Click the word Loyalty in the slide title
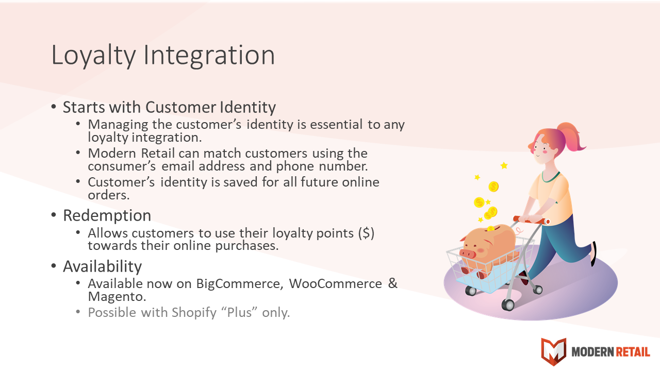(x=93, y=55)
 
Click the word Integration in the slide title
(x=209, y=55)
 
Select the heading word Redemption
(x=107, y=215)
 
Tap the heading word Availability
(x=102, y=267)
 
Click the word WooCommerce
(x=335, y=283)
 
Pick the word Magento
(x=117, y=296)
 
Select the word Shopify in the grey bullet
(x=194, y=313)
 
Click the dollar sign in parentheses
(x=366, y=233)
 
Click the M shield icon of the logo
(x=554, y=351)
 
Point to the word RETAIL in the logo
(x=632, y=352)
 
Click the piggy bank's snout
(x=468, y=253)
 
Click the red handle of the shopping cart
(x=531, y=220)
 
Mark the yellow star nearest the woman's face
(x=504, y=165)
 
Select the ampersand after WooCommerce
(x=393, y=283)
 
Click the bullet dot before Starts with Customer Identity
(x=54, y=107)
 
